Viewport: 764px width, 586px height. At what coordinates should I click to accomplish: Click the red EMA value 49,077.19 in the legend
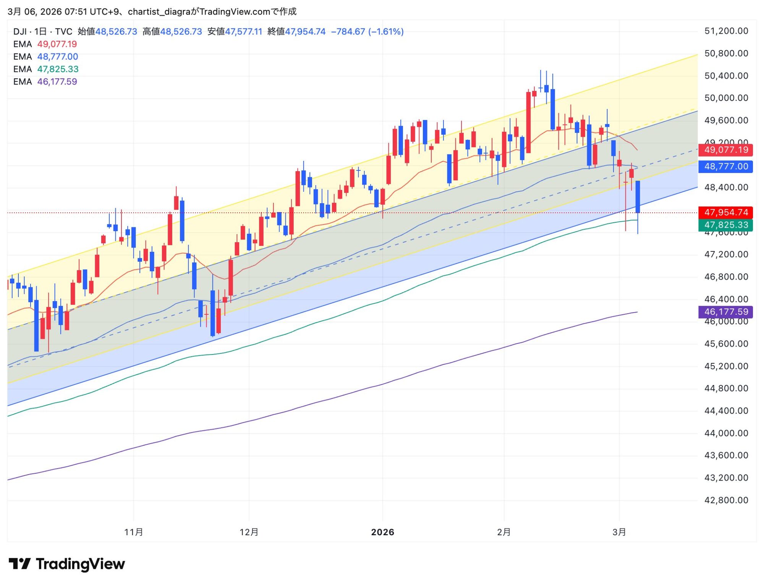pos(57,44)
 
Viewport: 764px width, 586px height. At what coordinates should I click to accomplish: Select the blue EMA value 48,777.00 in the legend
pos(58,57)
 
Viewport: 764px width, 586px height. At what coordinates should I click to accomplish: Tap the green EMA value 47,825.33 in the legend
pos(58,69)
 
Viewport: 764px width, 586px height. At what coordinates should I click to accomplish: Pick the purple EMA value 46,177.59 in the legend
pos(57,82)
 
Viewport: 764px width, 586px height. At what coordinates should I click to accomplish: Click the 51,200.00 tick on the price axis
pos(726,31)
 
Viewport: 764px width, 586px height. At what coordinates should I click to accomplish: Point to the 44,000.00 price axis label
pos(726,433)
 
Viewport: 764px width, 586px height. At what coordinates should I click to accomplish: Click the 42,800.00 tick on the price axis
pos(726,500)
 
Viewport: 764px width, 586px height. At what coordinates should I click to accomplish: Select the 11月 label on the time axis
pos(134,532)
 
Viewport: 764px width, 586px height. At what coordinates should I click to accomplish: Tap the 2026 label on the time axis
pos(382,532)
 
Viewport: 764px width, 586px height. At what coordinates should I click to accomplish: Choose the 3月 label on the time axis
pos(619,532)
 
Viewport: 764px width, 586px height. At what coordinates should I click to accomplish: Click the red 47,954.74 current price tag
pos(725,212)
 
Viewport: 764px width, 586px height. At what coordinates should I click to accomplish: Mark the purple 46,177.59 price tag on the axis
pos(725,312)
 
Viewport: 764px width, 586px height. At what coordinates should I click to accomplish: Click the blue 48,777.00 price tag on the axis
pos(725,167)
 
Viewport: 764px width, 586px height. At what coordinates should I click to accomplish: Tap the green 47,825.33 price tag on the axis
pos(725,225)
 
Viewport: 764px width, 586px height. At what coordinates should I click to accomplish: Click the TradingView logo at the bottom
pos(67,564)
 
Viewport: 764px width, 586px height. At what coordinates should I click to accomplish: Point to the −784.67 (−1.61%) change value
pos(367,32)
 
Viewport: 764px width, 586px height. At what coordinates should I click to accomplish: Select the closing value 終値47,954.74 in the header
pos(296,32)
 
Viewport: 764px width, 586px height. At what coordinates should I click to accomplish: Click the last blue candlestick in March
pos(638,197)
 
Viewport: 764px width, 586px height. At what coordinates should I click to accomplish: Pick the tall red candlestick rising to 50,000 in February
pos(528,122)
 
